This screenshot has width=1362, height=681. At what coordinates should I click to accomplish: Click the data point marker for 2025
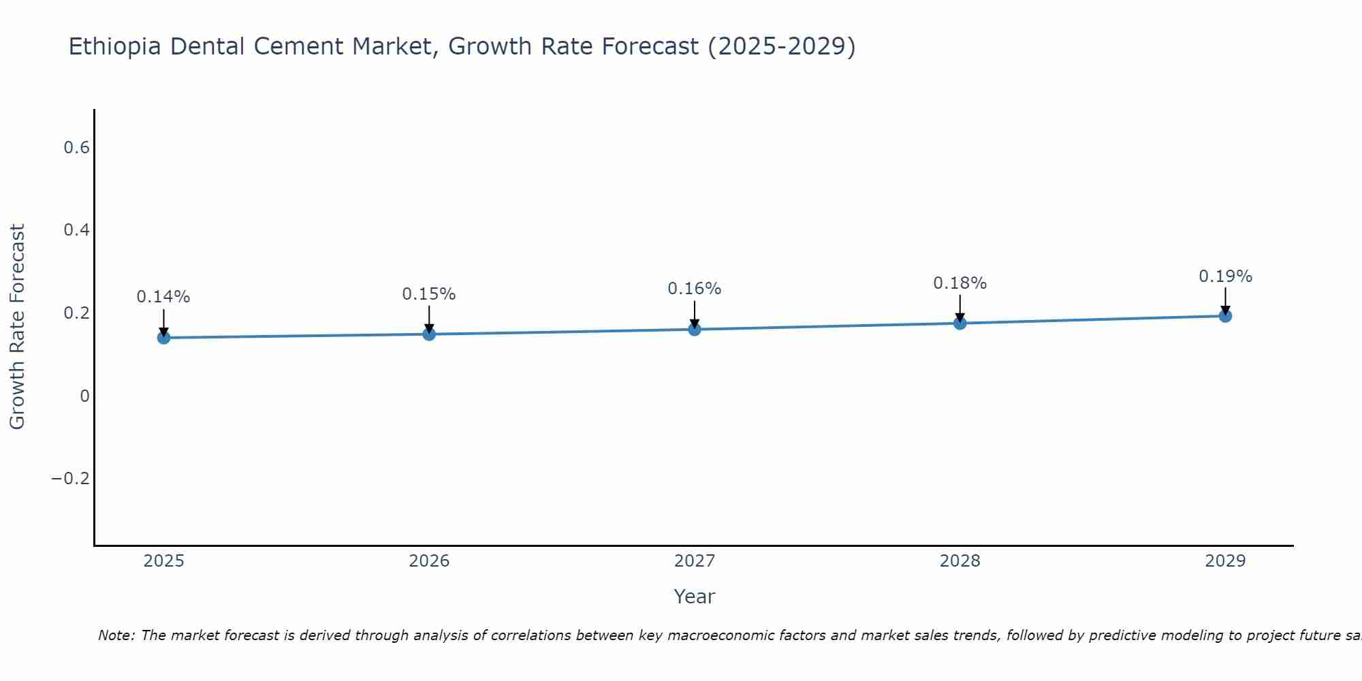[163, 338]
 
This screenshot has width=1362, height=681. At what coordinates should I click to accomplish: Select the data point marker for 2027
[695, 330]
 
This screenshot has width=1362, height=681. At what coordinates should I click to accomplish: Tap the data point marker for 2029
[1225, 316]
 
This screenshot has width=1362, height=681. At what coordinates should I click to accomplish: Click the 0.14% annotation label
[163, 297]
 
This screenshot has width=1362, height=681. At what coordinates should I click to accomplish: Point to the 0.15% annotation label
[429, 294]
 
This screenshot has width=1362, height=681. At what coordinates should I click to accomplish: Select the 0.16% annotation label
[695, 289]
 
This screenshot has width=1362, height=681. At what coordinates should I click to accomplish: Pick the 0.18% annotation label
[960, 283]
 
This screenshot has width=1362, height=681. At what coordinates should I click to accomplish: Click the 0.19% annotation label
[1225, 276]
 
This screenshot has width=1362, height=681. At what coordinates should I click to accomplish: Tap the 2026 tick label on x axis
[429, 561]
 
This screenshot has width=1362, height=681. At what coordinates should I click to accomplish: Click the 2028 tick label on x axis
[960, 561]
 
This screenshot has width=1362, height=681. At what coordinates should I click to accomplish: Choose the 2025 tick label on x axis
[163, 561]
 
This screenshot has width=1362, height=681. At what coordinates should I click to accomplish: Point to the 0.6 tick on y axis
[76, 148]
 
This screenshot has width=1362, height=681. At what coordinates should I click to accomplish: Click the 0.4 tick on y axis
[76, 230]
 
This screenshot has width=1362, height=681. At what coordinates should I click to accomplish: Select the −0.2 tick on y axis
[70, 479]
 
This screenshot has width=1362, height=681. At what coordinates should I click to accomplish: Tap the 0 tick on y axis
[84, 396]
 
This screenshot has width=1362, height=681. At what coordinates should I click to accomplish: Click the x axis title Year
[694, 597]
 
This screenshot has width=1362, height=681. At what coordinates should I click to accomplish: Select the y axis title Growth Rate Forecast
[17, 327]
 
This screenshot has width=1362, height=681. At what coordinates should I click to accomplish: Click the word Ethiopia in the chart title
[115, 47]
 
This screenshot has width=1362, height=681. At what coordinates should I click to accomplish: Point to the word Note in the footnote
[116, 636]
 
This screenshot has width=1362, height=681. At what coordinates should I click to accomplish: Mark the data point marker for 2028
[960, 323]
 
